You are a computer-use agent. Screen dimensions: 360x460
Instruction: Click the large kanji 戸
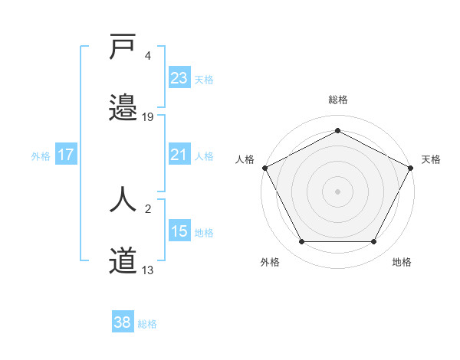coord(123,47)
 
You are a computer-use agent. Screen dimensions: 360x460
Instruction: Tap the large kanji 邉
coord(123,107)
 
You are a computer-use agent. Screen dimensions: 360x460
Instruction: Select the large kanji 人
coord(123,201)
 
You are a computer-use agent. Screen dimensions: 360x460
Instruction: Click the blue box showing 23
coord(179,78)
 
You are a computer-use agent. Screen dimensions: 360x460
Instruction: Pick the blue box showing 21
coord(179,155)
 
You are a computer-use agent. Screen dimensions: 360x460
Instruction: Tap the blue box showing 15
coord(179,231)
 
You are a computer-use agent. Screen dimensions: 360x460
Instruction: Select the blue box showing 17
coord(66,155)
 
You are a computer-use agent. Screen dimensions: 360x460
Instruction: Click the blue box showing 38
coord(123,322)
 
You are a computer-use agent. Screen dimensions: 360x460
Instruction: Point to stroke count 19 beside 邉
coord(148,116)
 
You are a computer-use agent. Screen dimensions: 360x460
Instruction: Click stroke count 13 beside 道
coord(148,270)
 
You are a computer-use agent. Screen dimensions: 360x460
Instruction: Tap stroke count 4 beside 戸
coord(148,55)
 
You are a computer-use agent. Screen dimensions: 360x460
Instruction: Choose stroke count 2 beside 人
coord(148,208)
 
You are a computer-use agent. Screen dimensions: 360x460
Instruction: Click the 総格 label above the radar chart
coord(338,100)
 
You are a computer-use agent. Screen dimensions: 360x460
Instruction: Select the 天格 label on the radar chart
coord(431,159)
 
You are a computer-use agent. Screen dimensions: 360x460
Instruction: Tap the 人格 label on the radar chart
coord(245,159)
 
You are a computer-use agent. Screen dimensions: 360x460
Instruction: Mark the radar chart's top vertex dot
coord(338,130)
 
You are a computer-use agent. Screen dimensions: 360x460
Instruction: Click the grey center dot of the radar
coord(338,191)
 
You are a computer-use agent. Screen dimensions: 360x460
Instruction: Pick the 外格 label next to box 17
coord(41,155)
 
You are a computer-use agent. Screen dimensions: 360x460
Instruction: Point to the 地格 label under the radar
coord(402,262)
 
